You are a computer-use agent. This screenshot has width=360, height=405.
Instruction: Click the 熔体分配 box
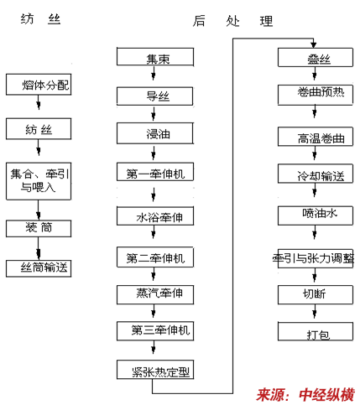click(x=39, y=85)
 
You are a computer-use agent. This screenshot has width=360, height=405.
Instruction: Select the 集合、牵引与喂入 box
click(x=39, y=181)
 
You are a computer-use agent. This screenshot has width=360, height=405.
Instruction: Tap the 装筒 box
click(x=39, y=229)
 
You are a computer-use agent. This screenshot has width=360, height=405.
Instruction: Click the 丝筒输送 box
click(x=39, y=268)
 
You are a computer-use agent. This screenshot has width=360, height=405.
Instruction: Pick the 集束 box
click(x=155, y=57)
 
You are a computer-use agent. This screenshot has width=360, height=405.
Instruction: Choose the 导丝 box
click(x=154, y=96)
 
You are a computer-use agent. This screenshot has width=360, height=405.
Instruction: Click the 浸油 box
click(x=155, y=133)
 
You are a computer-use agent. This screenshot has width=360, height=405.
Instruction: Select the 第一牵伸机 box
click(x=155, y=172)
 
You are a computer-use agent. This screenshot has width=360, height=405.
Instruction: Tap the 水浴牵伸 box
click(x=155, y=215)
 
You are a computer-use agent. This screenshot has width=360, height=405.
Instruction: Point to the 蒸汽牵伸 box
click(x=155, y=294)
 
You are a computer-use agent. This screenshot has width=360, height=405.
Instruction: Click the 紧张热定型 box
click(x=155, y=370)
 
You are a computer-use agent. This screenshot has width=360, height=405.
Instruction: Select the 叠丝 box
click(x=316, y=57)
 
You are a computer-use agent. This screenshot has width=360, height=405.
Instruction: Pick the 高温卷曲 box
click(x=316, y=137)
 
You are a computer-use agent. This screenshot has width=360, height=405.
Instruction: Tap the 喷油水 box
click(x=316, y=215)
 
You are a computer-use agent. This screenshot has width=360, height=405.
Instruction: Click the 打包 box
click(x=316, y=331)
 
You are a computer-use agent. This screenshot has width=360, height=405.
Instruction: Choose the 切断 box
click(x=316, y=294)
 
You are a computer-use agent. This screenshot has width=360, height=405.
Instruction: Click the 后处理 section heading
click(x=232, y=21)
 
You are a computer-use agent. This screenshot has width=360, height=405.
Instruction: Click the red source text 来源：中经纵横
click(x=305, y=395)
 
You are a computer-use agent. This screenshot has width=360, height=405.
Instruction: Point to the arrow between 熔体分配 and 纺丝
click(x=39, y=102)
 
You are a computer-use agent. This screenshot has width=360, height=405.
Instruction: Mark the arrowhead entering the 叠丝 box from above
click(x=314, y=44)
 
